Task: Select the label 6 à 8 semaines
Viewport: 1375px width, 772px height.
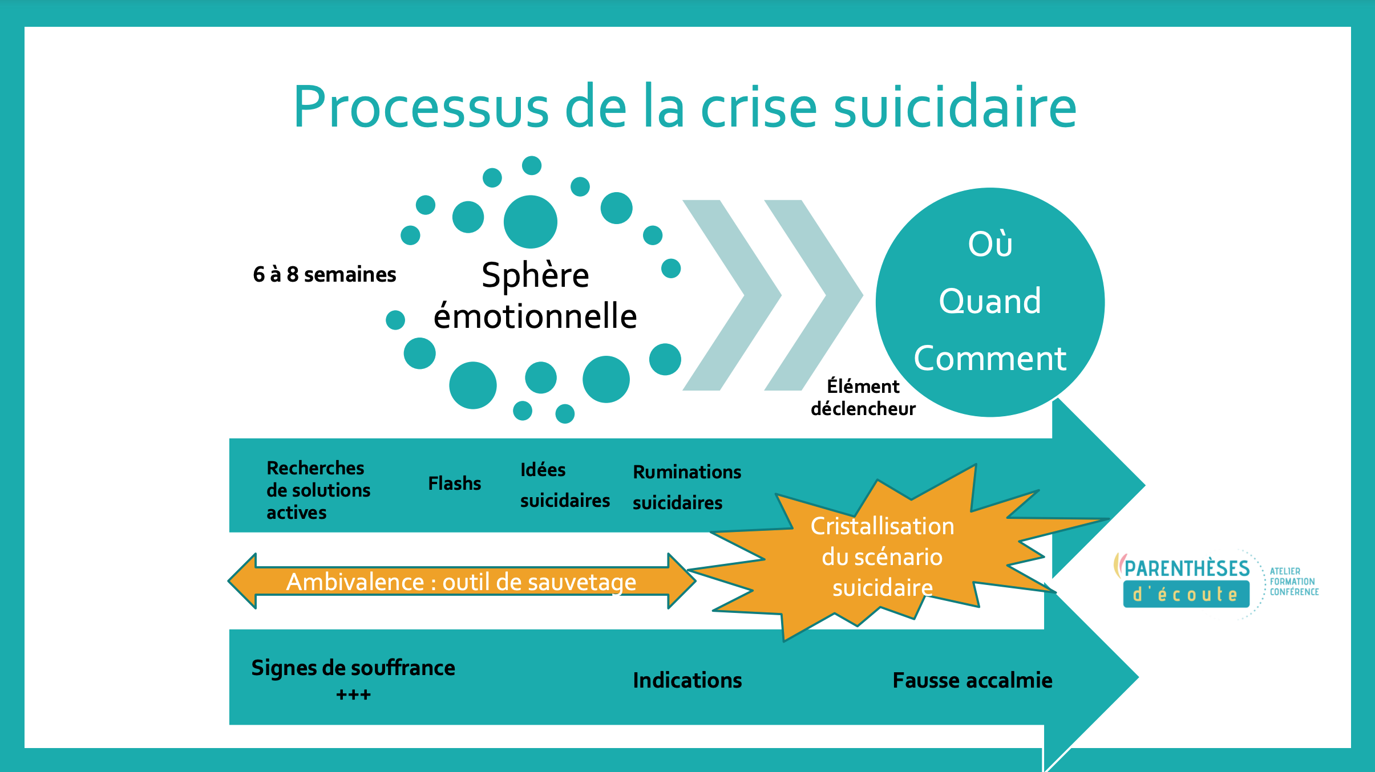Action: (x=324, y=275)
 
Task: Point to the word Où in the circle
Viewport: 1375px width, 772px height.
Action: (x=990, y=244)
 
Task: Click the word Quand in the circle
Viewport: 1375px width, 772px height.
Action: (x=990, y=301)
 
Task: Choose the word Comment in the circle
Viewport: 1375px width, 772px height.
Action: (x=990, y=359)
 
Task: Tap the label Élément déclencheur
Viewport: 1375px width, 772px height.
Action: (x=863, y=397)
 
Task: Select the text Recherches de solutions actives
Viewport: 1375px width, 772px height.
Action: (x=318, y=490)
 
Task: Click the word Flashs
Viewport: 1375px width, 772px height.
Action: (x=455, y=483)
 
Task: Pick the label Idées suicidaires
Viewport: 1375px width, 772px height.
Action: (x=564, y=485)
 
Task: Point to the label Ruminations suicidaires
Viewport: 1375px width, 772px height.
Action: (x=686, y=487)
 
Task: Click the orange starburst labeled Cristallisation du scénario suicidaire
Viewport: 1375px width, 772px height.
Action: (x=882, y=556)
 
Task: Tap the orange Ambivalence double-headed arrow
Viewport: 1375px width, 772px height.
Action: (x=461, y=582)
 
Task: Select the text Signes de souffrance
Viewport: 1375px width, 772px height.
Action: (x=353, y=668)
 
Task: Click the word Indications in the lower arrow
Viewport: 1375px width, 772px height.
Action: (x=687, y=680)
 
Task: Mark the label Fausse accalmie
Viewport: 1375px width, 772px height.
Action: (x=972, y=680)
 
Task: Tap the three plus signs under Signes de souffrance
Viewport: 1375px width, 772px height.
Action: (x=353, y=695)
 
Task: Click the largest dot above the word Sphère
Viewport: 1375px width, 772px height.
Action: (x=530, y=222)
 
